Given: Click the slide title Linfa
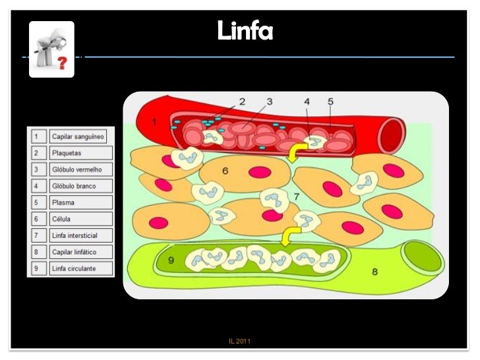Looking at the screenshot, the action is tap(245, 30).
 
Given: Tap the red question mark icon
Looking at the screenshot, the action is tap(63, 63).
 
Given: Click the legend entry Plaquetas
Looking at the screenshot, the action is tap(67, 152).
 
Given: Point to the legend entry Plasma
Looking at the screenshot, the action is tap(63, 202).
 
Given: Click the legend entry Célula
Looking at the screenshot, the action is tap(62, 219).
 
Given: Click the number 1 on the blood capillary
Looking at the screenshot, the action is tap(154, 123).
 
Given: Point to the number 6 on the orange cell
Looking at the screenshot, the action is tap(225, 171).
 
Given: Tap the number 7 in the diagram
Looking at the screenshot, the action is tap(297, 196).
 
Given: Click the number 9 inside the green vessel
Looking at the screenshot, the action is tap(171, 260).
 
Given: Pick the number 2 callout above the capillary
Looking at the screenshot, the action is tap(242, 102).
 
